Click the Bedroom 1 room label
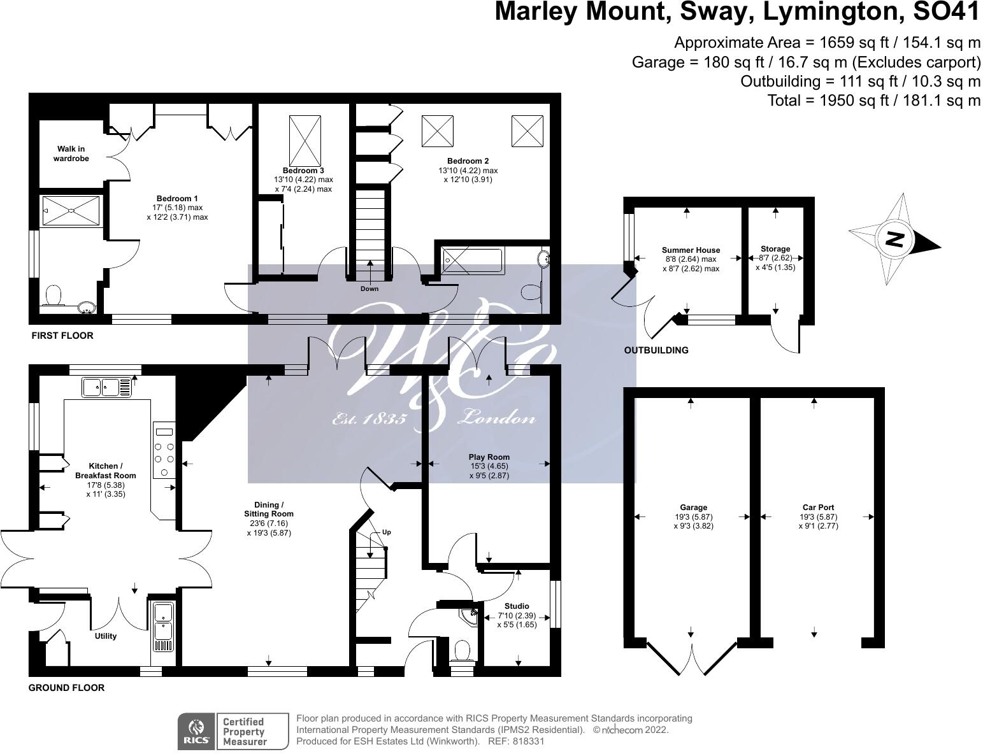177,199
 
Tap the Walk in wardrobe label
71,153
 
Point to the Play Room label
489,457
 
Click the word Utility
106,636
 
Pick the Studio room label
517,606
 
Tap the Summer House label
691,250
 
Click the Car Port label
818,508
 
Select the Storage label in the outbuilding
775,249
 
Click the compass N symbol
895,239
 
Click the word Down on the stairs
369,288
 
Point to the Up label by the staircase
386,532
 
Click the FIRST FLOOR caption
62,336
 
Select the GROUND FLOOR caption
66,688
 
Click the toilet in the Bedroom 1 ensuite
54,295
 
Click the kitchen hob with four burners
164,451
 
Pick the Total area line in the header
873,100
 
